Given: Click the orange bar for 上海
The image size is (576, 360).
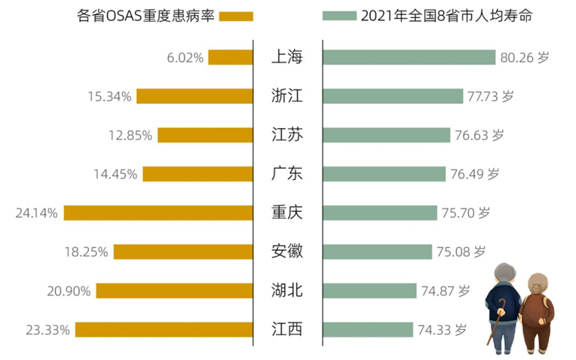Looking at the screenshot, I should point(231,58).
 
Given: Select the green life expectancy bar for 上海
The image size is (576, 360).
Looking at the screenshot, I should point(409,58).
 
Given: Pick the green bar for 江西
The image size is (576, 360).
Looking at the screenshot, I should point(367,330).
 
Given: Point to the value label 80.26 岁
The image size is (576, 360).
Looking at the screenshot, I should point(525,58).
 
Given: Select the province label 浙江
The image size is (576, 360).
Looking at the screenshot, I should point(287,96).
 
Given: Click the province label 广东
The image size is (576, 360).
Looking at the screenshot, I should point(287,174).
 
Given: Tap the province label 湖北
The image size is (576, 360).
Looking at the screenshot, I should point(287,290).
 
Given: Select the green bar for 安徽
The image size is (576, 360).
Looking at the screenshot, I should point(376,252).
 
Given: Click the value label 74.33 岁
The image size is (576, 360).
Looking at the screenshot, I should point(441,330).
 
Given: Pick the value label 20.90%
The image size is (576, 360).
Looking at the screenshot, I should point(69,290).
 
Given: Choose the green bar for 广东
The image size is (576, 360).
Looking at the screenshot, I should point(383,174).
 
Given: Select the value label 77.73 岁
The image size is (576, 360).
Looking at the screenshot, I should point(491,96).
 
